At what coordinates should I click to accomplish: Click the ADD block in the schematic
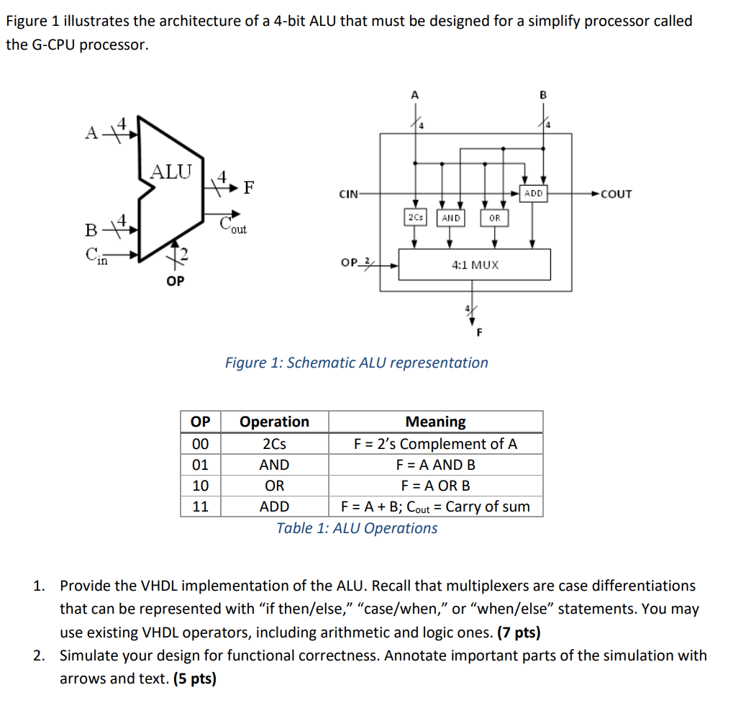(x=533, y=194)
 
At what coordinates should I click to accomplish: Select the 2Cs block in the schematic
(x=414, y=217)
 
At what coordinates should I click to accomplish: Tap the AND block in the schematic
(x=451, y=217)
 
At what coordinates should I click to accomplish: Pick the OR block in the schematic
(x=494, y=217)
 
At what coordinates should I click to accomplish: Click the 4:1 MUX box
(x=475, y=265)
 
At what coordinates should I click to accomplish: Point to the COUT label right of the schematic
(x=616, y=194)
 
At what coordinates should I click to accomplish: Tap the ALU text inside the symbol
(x=171, y=172)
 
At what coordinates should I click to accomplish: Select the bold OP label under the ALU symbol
(x=175, y=281)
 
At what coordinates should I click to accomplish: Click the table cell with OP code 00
(x=200, y=444)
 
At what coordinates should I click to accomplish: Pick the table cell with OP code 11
(x=200, y=507)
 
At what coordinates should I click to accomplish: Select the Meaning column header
(x=435, y=422)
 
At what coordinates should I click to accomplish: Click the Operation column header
(x=274, y=422)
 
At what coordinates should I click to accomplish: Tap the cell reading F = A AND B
(x=435, y=465)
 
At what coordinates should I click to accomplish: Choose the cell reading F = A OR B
(x=435, y=486)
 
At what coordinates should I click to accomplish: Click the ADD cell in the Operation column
(x=274, y=507)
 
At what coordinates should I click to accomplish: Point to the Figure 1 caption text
(x=357, y=363)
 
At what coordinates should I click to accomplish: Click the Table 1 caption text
(x=357, y=528)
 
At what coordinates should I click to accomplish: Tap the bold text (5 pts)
(x=194, y=678)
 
